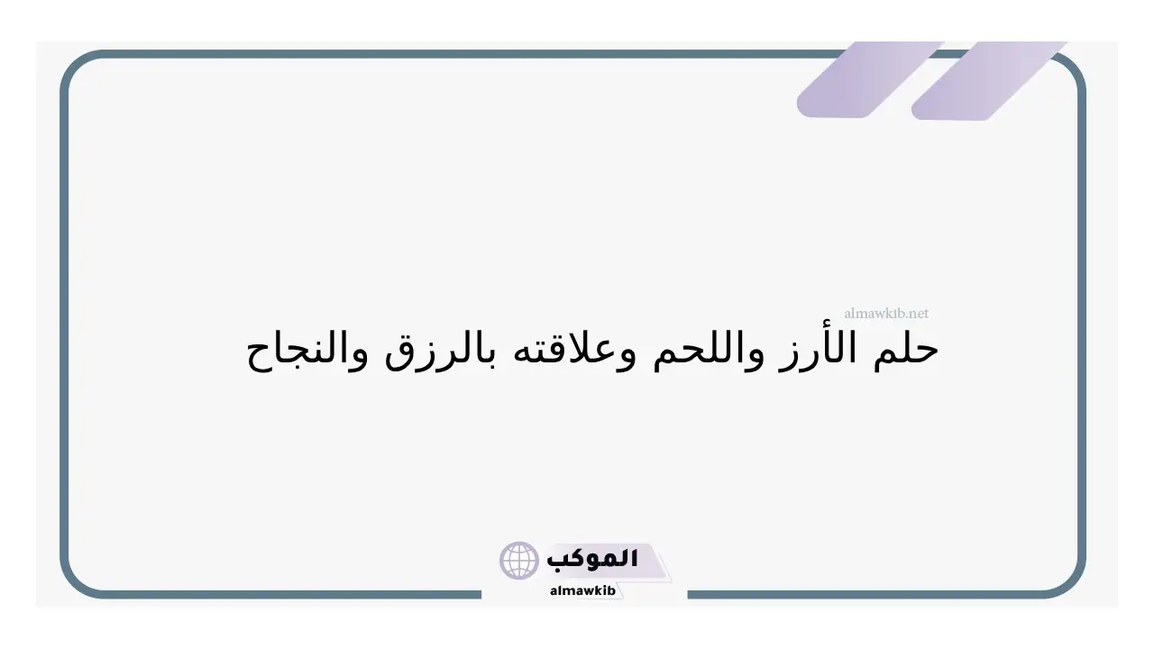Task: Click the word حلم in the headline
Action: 906,350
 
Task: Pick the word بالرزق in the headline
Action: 442,352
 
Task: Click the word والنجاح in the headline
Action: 307,352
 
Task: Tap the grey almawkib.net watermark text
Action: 886,313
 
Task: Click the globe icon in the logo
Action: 518,561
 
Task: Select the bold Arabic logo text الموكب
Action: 592,560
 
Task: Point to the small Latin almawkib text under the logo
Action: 582,590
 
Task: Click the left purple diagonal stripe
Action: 870,79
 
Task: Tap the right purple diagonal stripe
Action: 988,80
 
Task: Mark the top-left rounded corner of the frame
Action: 74,64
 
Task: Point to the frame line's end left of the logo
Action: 481,595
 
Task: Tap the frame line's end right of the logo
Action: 688,595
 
